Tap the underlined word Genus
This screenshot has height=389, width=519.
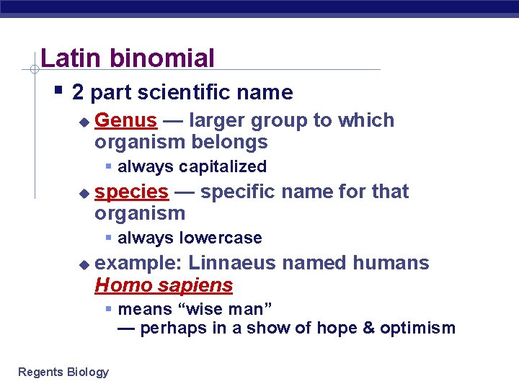[x=125, y=120]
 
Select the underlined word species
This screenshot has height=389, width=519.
[x=131, y=192]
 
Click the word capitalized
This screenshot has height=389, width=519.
[x=223, y=167]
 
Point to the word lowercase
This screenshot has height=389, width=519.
[x=220, y=238]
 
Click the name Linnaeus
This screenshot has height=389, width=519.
[x=232, y=263]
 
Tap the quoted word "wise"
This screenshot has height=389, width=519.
[x=201, y=309]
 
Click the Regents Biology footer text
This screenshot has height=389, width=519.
[x=63, y=372]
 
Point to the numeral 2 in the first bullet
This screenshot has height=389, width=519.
[x=79, y=92]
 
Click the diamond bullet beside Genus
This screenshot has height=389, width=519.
[x=84, y=122]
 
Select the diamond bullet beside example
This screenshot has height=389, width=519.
[x=84, y=264]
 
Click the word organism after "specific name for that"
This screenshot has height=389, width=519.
[x=140, y=213]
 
